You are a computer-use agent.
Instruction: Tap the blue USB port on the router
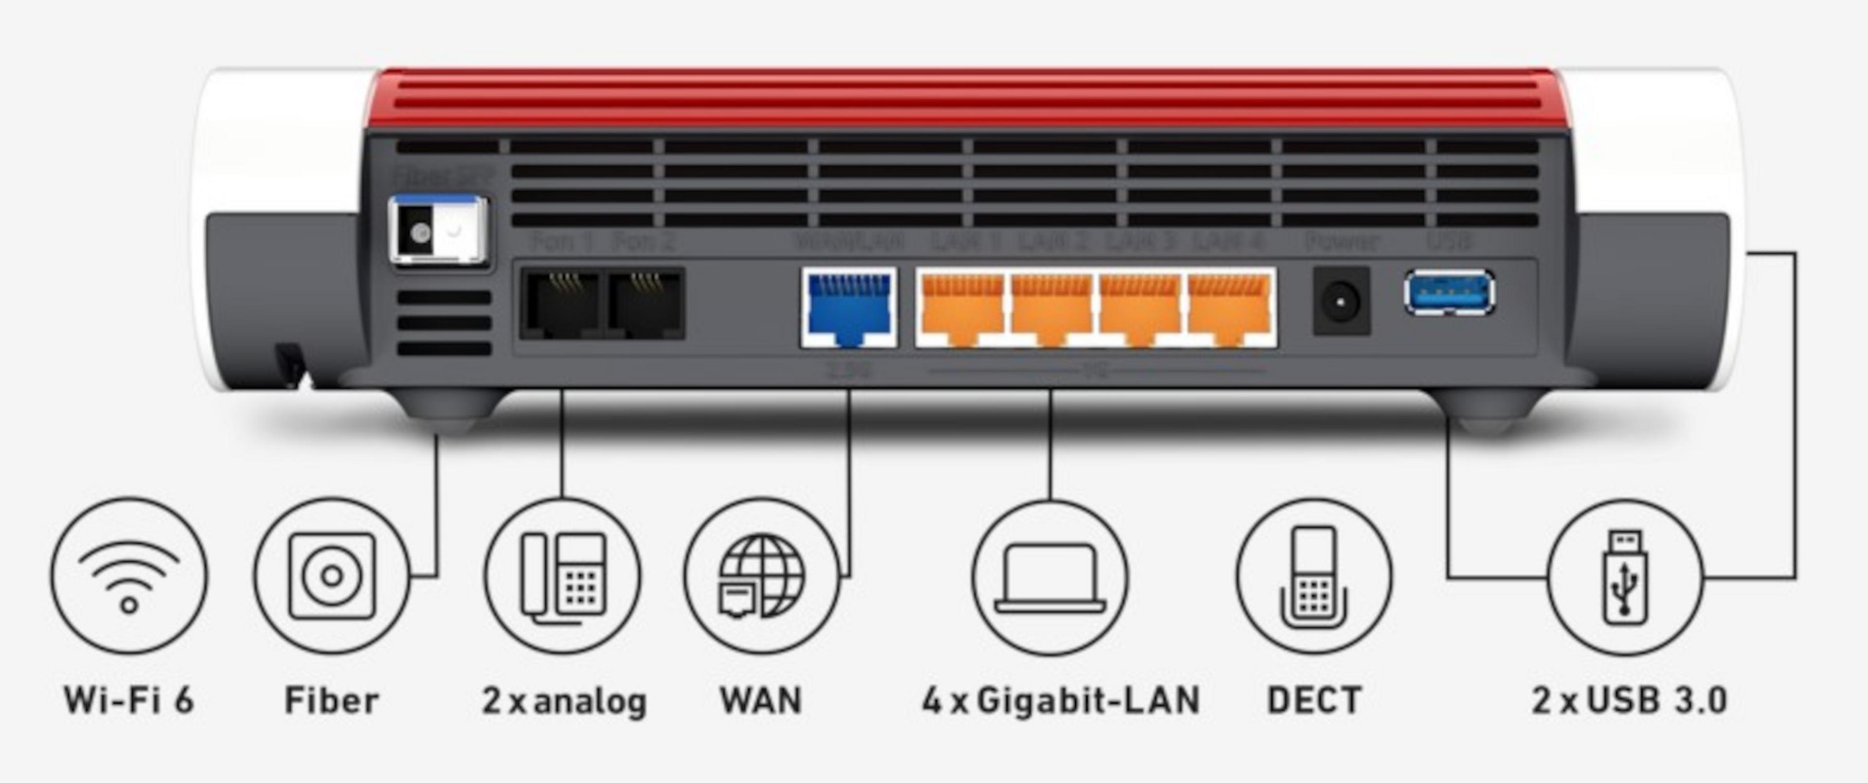pos(1449,292)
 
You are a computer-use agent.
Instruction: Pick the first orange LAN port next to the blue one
pos(962,307)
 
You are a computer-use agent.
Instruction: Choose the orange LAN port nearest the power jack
pos(1230,307)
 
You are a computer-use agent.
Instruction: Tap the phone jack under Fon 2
pos(645,303)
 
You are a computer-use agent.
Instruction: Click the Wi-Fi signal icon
pos(129,576)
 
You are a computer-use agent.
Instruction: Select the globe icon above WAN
pos(761,576)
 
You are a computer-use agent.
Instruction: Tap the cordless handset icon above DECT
pos(1314,576)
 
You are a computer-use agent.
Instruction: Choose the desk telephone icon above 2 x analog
pos(563,576)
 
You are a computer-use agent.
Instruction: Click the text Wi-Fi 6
pos(129,700)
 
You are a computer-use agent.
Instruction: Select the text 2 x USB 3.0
pos(1629,700)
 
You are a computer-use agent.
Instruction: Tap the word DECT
pos(1314,700)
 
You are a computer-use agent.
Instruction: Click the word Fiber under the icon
pos(331,700)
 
